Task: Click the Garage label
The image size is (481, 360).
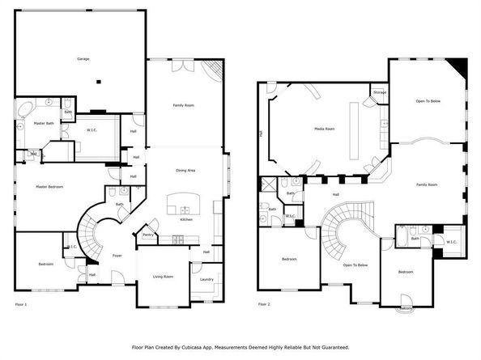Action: [x=83, y=60]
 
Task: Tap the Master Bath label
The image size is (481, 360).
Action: [x=44, y=123]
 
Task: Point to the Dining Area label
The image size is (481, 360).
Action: [x=186, y=171]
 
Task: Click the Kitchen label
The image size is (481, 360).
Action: [x=186, y=219]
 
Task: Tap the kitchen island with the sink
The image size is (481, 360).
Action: [x=179, y=203]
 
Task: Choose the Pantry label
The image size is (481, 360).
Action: [x=148, y=235]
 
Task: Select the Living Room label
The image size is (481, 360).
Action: [x=164, y=277]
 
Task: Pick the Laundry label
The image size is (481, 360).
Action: [x=206, y=279]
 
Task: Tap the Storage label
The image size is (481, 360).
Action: [x=380, y=93]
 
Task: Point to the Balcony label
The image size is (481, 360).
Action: [x=407, y=308]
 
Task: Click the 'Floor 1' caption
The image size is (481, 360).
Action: [x=21, y=304]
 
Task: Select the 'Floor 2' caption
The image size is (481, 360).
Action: [x=264, y=304]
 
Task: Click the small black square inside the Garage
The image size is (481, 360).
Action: [x=100, y=80]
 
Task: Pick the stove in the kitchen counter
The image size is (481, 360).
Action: [x=178, y=239]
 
